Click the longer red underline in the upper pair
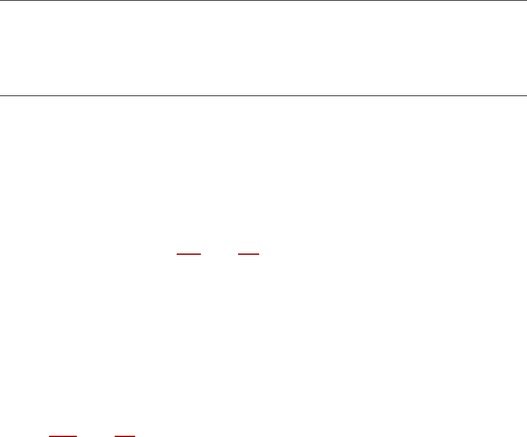(189, 254)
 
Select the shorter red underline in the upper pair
(248, 254)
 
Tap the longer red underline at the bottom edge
(63, 436)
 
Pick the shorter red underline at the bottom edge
(125, 436)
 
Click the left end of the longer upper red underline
(177, 254)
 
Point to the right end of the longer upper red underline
(201, 254)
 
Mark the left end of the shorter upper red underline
(238, 254)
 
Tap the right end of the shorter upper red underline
(258, 254)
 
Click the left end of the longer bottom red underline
(49, 436)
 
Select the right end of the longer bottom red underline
(77, 436)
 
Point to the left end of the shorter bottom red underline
(115, 436)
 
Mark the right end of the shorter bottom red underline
(135, 436)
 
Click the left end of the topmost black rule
(0, 1)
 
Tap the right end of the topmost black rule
(526, 1)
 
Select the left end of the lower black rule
(0, 96)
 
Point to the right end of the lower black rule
(526, 96)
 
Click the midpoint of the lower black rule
(263, 96)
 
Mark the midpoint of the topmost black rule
(263, 1)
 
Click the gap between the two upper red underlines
(219, 254)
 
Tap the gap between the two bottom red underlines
(96, 436)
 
